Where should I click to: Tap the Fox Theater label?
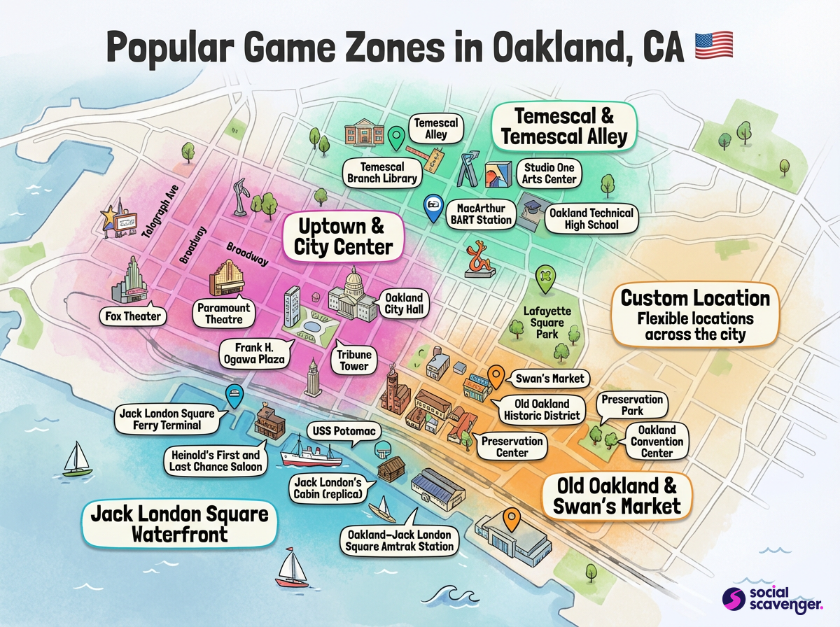pyautogui.click(x=132, y=316)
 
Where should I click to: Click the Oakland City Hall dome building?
pyautogui.click(x=352, y=294)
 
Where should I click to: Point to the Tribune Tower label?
pyautogui.click(x=354, y=360)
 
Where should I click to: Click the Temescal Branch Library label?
pyautogui.click(x=382, y=173)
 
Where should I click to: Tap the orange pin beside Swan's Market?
pyautogui.click(x=496, y=376)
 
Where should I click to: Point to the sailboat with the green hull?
pyautogui.click(x=76, y=460)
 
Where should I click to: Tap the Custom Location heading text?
pyautogui.click(x=695, y=298)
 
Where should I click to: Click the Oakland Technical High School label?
pyautogui.click(x=591, y=219)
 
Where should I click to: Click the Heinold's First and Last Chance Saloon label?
pyautogui.click(x=215, y=461)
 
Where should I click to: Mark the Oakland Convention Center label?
pyautogui.click(x=657, y=442)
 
